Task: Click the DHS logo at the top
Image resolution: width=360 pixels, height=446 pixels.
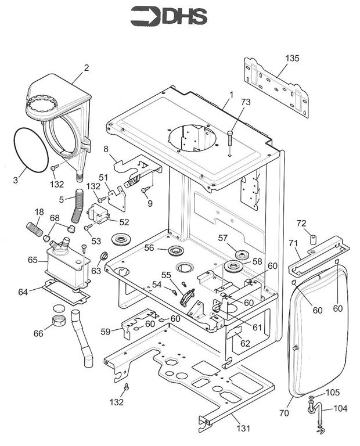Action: (168, 16)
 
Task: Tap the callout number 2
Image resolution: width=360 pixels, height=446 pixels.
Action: (86, 67)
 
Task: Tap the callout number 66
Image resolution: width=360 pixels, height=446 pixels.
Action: (38, 333)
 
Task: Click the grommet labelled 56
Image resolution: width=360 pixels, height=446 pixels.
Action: (176, 250)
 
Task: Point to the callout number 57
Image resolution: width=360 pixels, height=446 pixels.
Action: (223, 238)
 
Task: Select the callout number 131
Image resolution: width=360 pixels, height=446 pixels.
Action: (244, 429)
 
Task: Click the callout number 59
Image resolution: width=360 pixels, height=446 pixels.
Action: (105, 332)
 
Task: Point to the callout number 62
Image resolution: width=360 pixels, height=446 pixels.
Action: (245, 343)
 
